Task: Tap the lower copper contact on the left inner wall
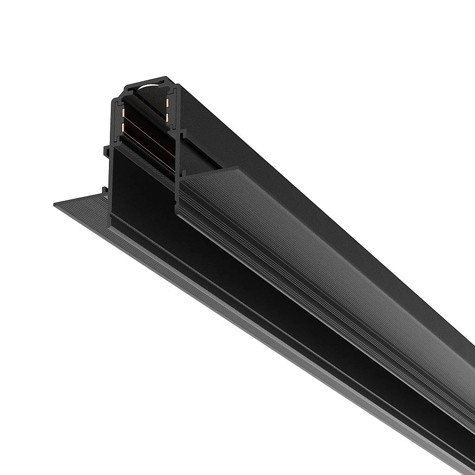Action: [123, 126]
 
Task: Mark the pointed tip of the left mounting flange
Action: [55, 205]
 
